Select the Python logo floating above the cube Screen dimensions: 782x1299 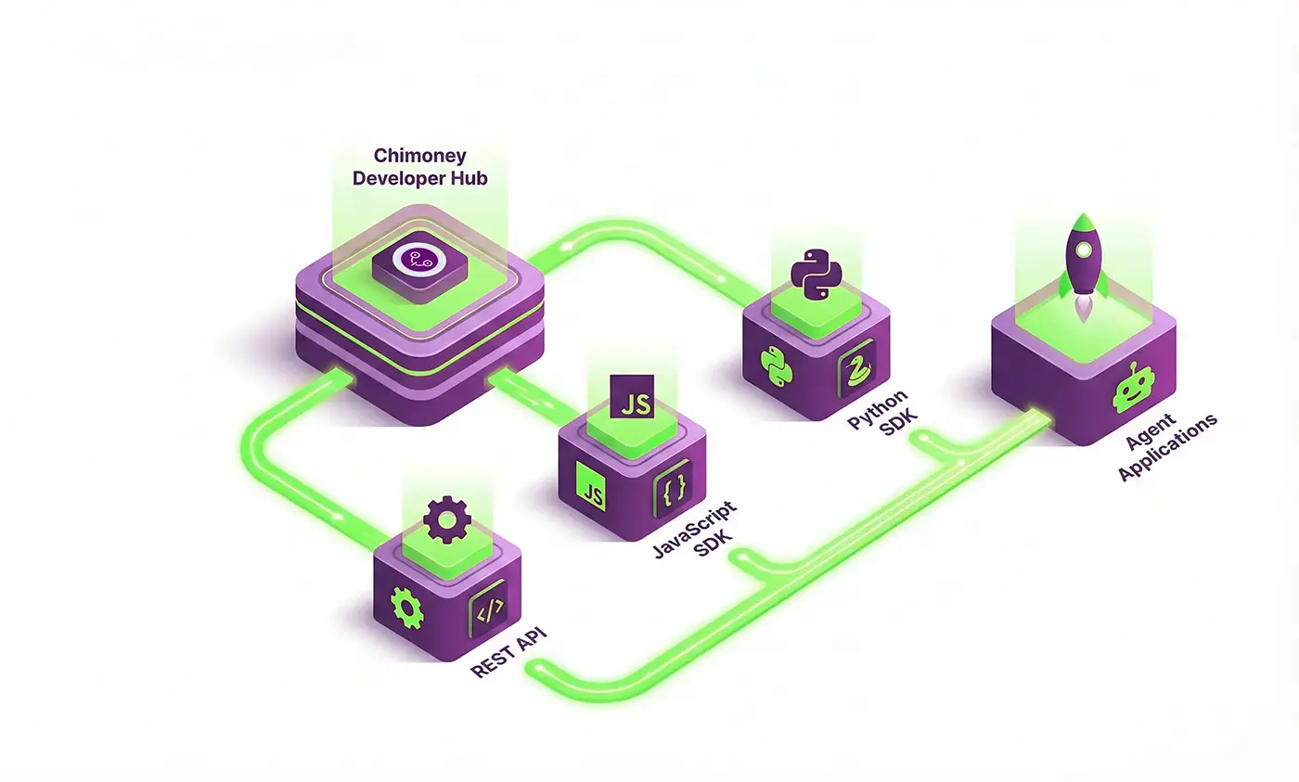tap(816, 272)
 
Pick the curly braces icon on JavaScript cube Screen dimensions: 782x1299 tap(672, 488)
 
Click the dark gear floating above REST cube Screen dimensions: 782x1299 tap(446, 520)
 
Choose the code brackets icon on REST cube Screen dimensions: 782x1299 tap(488, 609)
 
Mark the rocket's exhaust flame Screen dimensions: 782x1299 tap(1084, 311)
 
